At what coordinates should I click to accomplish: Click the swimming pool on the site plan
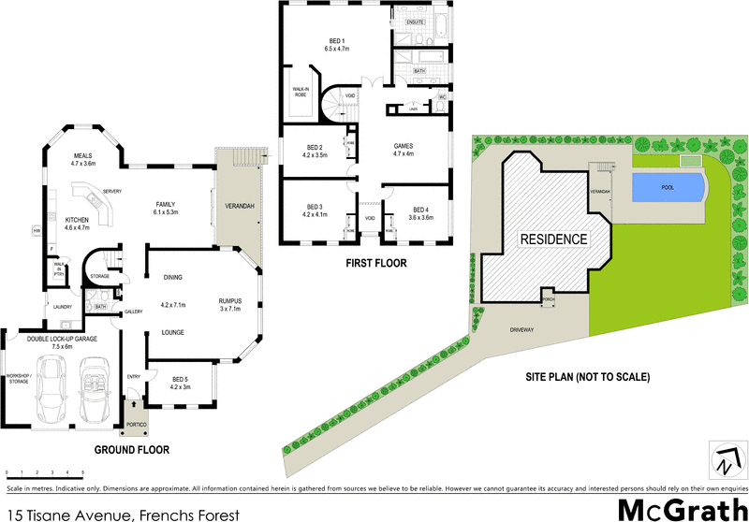click(x=668, y=187)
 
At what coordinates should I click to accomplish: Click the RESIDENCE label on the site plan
click(x=554, y=239)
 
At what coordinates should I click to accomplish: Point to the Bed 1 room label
click(x=335, y=43)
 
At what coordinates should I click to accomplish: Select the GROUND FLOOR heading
click(x=132, y=450)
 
